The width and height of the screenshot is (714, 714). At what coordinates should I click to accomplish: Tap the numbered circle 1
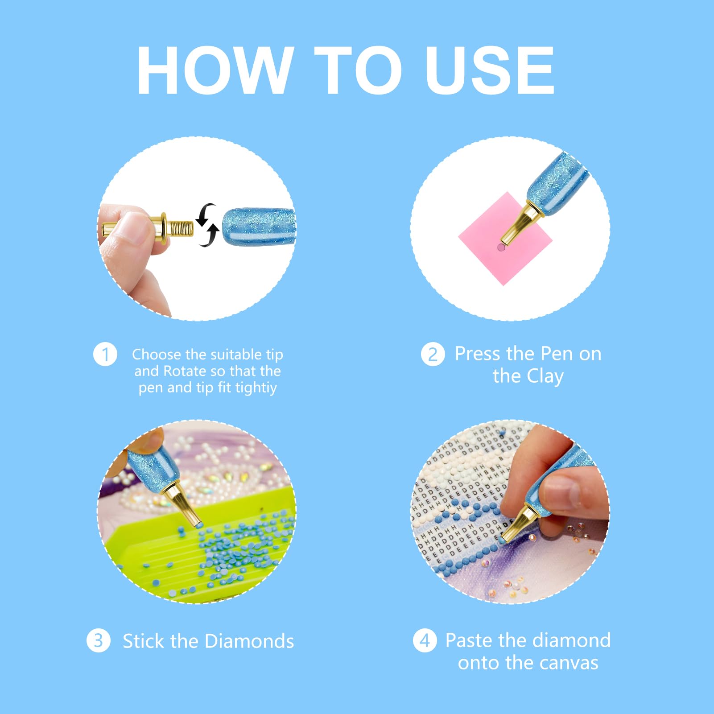[x=105, y=355]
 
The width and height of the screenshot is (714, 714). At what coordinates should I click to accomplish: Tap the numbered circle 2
[x=433, y=355]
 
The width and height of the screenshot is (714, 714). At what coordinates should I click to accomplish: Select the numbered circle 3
[x=99, y=640]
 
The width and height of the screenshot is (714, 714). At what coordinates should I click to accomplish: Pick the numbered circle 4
[x=425, y=640]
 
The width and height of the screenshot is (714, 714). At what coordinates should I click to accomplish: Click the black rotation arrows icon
[x=207, y=225]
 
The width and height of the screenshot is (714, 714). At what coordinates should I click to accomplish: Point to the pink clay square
[x=505, y=238]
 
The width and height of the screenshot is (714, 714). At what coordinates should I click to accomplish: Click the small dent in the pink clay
[x=501, y=248]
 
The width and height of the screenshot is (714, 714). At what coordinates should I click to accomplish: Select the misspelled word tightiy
[x=256, y=388]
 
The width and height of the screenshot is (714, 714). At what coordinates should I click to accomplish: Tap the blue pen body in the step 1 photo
[x=259, y=227]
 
